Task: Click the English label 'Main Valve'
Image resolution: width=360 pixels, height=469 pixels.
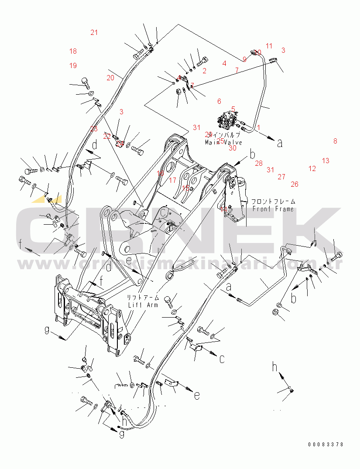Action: (x=223, y=143)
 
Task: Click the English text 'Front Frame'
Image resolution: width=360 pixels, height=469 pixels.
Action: (x=273, y=209)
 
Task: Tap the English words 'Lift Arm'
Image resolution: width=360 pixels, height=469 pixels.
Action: (x=143, y=305)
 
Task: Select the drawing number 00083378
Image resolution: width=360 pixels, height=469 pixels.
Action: (x=326, y=445)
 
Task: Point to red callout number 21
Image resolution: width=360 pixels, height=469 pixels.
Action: (x=94, y=32)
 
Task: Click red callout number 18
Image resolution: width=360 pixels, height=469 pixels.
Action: (x=73, y=51)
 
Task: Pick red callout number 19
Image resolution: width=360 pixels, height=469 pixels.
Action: (x=73, y=65)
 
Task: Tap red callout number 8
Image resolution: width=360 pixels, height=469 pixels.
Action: (x=335, y=141)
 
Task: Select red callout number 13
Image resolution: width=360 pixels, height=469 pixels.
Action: (x=326, y=161)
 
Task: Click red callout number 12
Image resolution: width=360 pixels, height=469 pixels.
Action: (x=312, y=168)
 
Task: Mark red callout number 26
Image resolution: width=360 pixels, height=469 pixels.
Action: (x=295, y=184)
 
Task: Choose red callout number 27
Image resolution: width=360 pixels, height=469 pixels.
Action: (x=281, y=177)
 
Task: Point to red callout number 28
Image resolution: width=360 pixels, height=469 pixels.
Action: (x=259, y=163)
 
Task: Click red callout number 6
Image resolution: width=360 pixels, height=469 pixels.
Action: (x=219, y=101)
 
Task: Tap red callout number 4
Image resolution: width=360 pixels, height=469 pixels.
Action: (x=224, y=63)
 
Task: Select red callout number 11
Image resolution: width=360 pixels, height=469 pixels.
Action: (x=269, y=46)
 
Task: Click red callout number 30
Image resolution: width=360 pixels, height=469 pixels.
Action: (x=232, y=148)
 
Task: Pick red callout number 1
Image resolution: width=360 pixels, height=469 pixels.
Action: (x=258, y=127)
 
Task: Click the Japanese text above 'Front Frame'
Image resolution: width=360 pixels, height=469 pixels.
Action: (x=273, y=202)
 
